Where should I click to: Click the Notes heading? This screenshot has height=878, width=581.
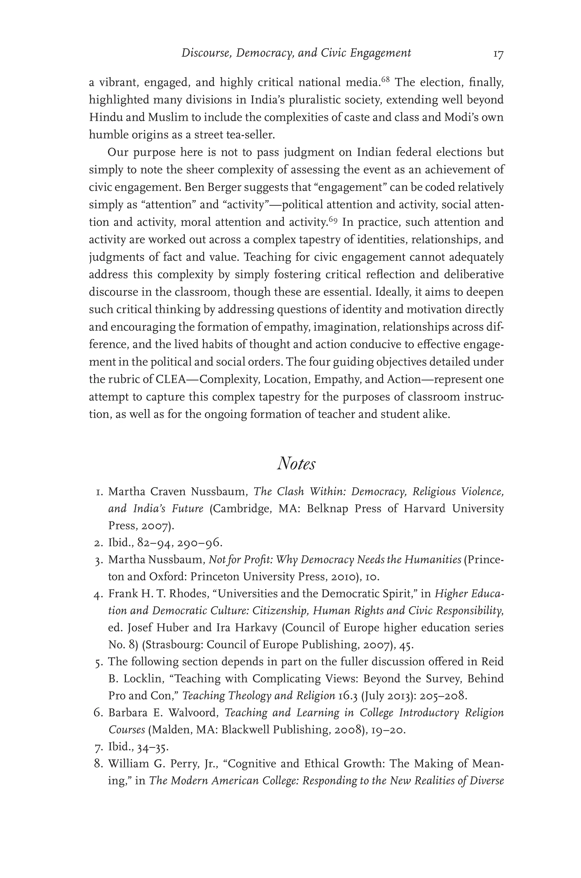296,463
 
